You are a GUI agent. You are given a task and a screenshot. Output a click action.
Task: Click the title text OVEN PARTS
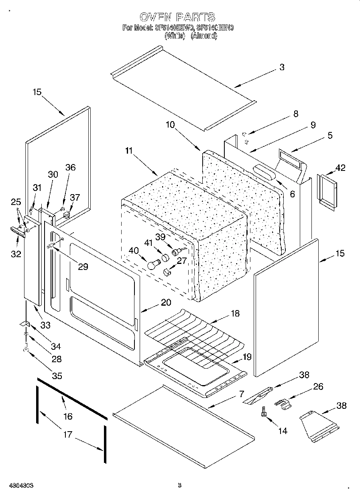coord(177,17)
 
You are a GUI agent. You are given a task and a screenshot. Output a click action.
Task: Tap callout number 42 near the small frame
coord(341,168)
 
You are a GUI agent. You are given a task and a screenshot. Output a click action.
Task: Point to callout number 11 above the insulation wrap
coord(128,151)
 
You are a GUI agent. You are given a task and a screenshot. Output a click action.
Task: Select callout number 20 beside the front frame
coord(166,302)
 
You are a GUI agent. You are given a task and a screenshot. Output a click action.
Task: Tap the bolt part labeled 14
coord(264,413)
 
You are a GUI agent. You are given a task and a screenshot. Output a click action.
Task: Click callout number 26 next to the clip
coord(318,387)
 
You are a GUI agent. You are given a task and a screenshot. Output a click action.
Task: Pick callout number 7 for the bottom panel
coord(241,394)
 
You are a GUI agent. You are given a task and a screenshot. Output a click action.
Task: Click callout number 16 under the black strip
coord(68,416)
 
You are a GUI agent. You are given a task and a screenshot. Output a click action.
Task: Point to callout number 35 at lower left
coord(57,376)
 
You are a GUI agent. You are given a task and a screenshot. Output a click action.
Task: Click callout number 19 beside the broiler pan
coord(247,357)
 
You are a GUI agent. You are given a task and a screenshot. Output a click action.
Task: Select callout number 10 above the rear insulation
coord(170,125)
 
